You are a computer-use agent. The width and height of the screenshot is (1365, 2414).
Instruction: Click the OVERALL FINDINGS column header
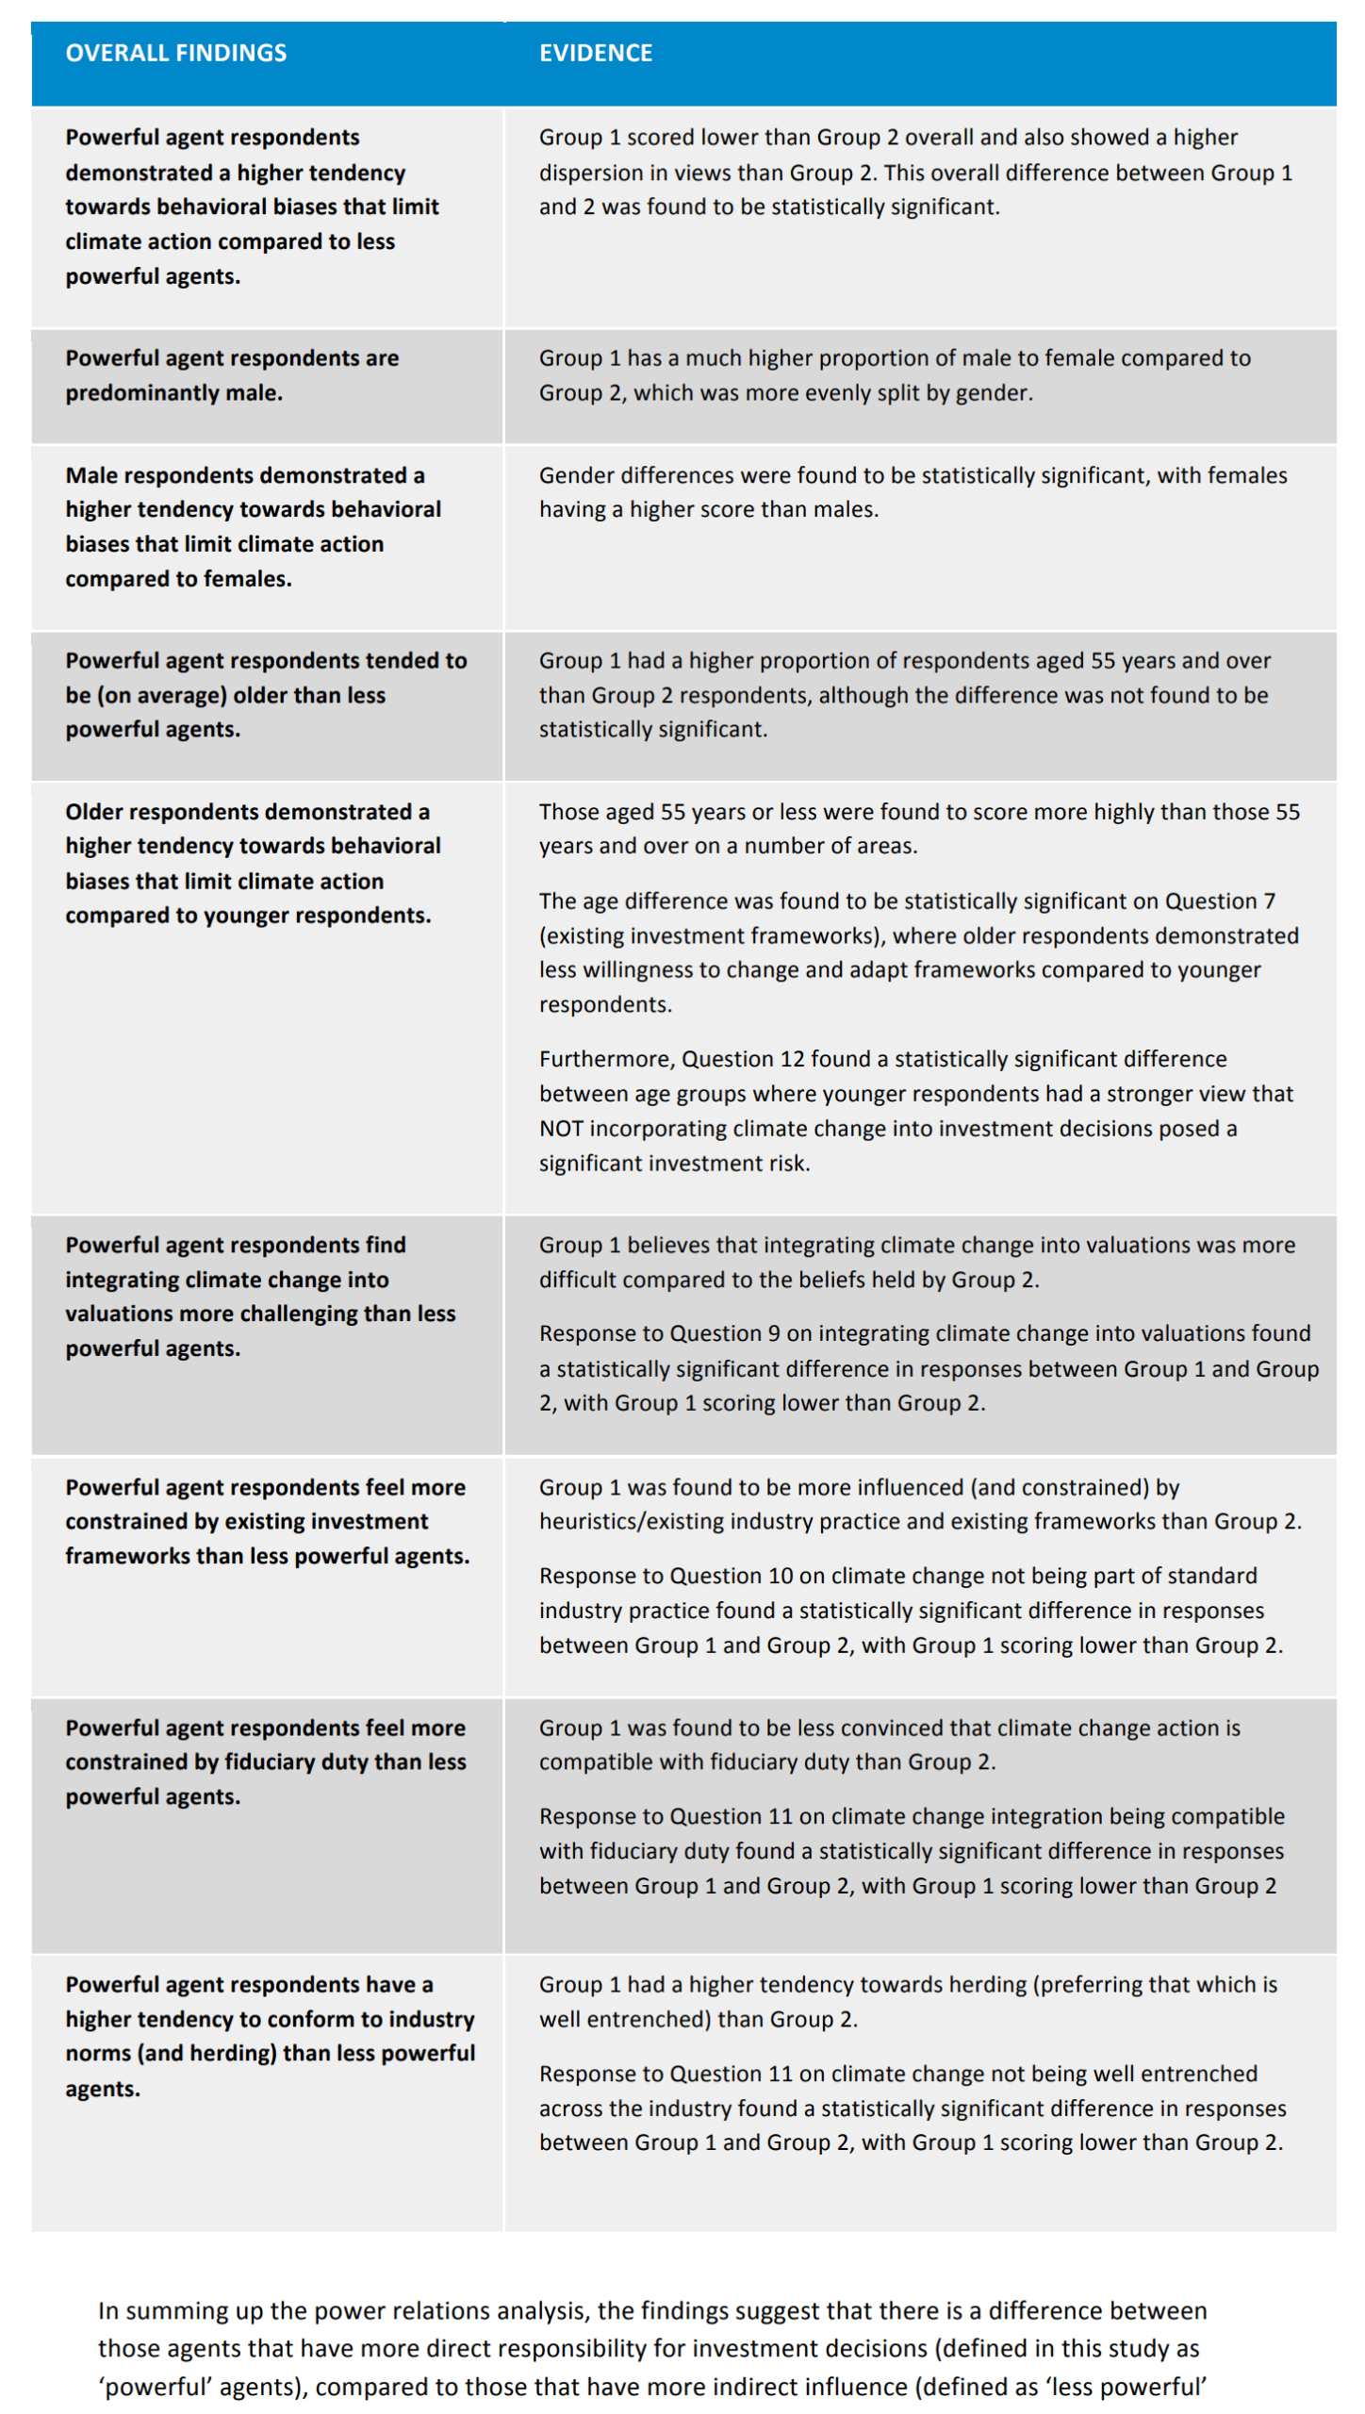[x=175, y=53]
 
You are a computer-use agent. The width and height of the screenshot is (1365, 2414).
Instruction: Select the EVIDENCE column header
[x=595, y=53]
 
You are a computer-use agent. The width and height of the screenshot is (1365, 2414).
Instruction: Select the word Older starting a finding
[x=93, y=812]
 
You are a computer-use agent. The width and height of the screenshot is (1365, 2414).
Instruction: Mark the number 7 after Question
[x=1269, y=901]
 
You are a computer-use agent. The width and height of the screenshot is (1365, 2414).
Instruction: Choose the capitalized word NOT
[x=561, y=1129]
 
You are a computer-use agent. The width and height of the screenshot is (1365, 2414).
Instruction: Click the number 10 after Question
[x=781, y=1576]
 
